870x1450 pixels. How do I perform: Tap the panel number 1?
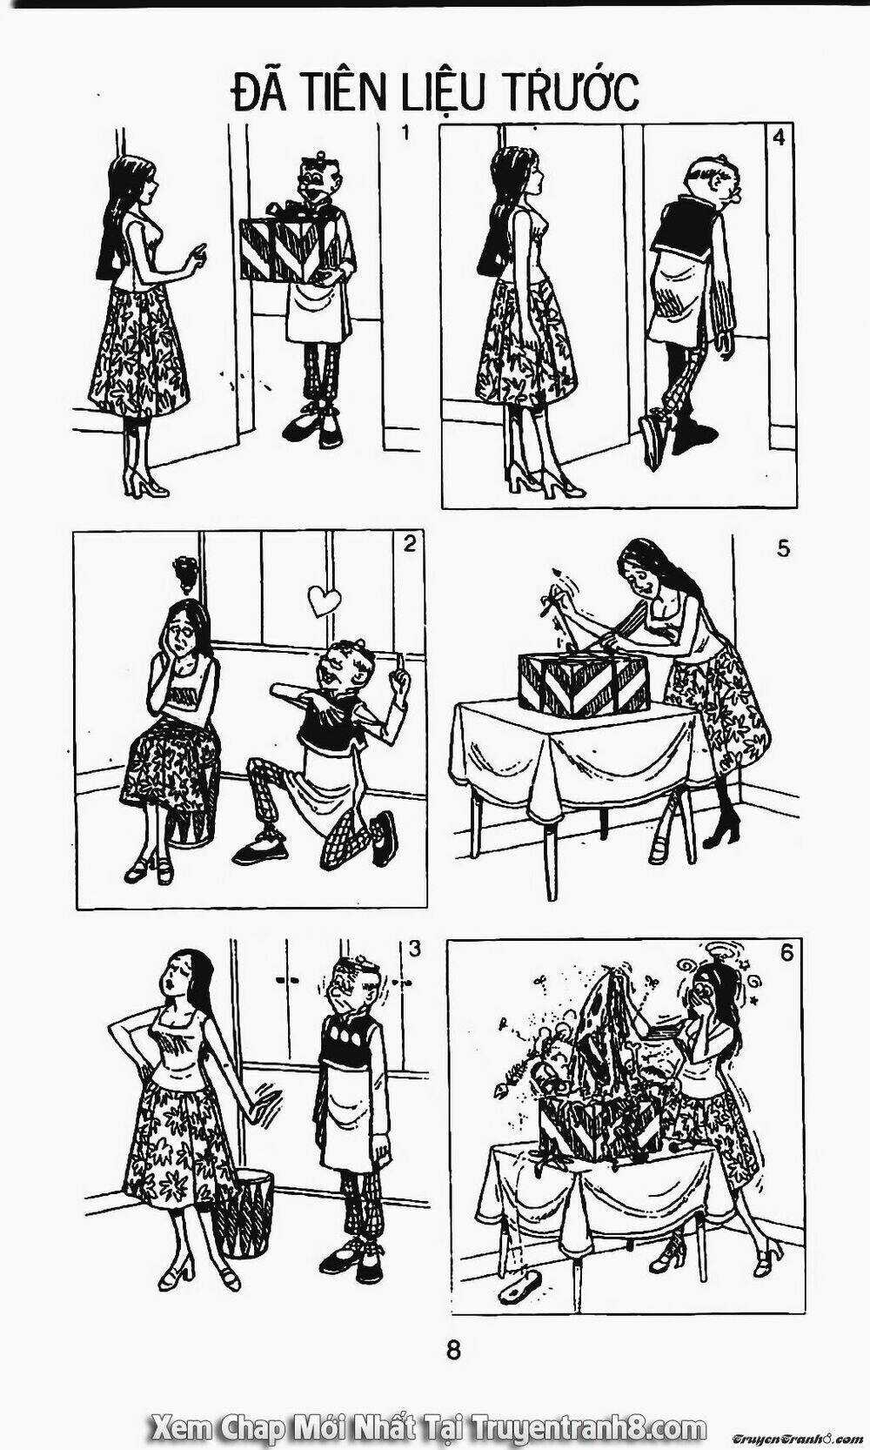click(405, 134)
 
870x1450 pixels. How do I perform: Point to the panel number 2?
click(408, 544)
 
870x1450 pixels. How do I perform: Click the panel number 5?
click(783, 549)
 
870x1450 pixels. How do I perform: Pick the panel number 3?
click(415, 949)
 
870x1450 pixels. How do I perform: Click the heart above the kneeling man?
click(323, 599)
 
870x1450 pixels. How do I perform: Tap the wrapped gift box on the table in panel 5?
click(583, 681)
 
